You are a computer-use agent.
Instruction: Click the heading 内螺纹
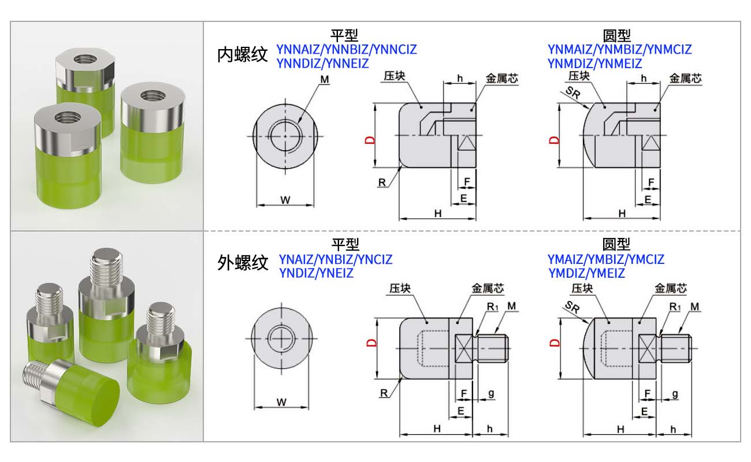pyautogui.click(x=243, y=55)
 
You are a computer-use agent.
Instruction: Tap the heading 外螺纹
pyautogui.click(x=243, y=263)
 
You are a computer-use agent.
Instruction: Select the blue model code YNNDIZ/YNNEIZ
pyautogui.click(x=322, y=64)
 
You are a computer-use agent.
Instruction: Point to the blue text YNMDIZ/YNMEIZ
pyautogui.click(x=595, y=64)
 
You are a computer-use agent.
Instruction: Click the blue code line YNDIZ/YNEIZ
pyautogui.click(x=316, y=273)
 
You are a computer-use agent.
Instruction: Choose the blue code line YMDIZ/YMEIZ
pyautogui.click(x=587, y=273)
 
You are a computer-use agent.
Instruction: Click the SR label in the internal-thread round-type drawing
pyautogui.click(x=572, y=92)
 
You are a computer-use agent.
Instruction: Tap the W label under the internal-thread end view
pyautogui.click(x=285, y=200)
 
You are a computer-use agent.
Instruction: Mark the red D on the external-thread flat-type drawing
pyautogui.click(x=371, y=342)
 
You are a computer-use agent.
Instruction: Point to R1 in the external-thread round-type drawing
pyautogui.click(x=675, y=307)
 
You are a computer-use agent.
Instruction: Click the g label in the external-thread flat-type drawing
pyautogui.click(x=491, y=393)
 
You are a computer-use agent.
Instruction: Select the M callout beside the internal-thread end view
pyautogui.click(x=325, y=80)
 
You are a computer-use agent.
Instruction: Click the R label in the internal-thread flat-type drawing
pyautogui.click(x=382, y=182)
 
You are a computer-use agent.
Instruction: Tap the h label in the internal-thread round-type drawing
pyautogui.click(x=644, y=79)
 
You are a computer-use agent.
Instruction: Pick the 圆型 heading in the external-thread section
pyautogui.click(x=616, y=244)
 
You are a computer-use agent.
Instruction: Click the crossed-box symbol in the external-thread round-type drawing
pyautogui.click(x=647, y=349)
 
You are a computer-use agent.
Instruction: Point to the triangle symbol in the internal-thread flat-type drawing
pyautogui.click(x=467, y=142)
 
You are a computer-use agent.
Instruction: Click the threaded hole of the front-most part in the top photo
pyautogui.click(x=68, y=117)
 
